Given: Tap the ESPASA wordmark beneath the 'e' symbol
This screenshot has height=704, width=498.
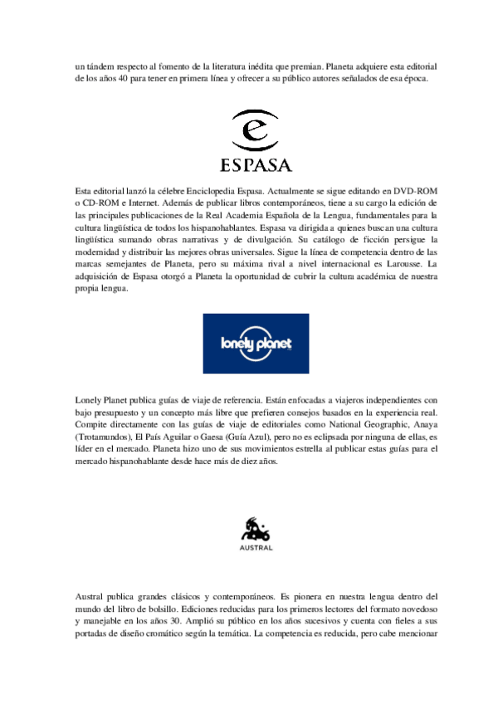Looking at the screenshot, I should click(249, 162).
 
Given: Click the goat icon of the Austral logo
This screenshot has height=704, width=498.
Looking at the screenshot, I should click(249, 528).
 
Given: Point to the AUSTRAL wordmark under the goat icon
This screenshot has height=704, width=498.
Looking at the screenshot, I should click(249, 548).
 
